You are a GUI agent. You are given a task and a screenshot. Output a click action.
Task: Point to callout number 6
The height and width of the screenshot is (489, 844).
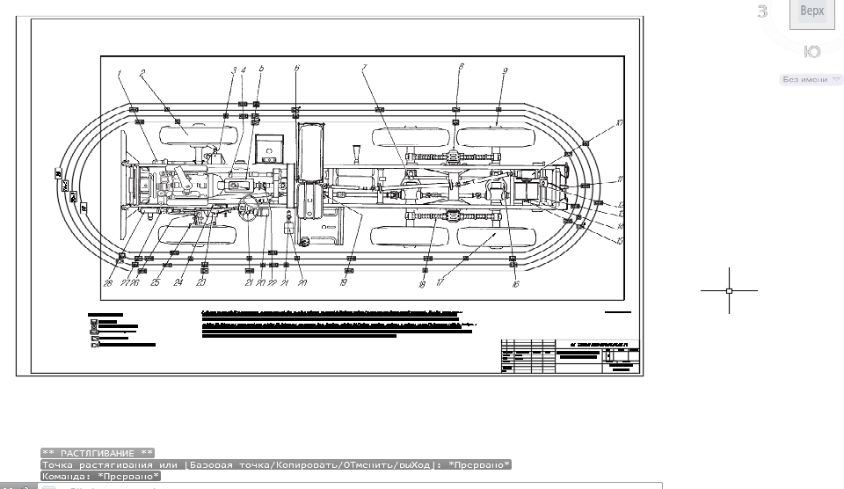click(x=297, y=68)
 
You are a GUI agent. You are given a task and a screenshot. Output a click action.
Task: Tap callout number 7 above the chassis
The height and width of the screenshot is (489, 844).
click(x=363, y=68)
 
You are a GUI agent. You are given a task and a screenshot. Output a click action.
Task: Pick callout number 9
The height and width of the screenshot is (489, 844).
click(x=506, y=70)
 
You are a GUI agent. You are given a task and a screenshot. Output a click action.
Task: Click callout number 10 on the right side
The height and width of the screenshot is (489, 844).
click(x=619, y=123)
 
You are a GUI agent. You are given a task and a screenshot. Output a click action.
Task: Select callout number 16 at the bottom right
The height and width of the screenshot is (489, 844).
click(x=516, y=284)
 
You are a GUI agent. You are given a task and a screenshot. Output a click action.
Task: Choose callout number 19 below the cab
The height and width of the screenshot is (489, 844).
click(x=344, y=283)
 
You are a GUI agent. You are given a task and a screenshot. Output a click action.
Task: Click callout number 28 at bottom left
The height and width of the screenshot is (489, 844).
click(x=108, y=283)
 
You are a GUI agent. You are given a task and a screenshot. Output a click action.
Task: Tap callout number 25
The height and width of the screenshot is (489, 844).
click(x=156, y=283)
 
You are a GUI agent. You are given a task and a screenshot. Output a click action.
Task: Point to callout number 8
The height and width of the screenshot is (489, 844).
click(x=460, y=68)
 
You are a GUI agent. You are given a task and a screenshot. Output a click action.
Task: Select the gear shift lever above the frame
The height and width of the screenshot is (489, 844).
click(x=355, y=155)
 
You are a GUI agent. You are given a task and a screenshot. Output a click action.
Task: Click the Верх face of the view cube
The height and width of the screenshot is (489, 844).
click(x=812, y=11)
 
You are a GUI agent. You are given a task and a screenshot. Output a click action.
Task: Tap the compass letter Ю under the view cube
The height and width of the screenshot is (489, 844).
click(x=812, y=52)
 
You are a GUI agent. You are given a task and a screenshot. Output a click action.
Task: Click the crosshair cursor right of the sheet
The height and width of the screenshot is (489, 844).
click(x=729, y=289)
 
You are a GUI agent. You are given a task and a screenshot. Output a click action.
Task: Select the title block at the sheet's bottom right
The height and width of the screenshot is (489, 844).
click(x=570, y=356)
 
